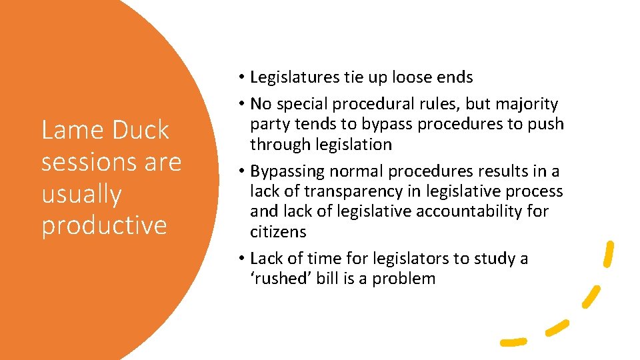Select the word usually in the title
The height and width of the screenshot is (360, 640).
click(81, 194)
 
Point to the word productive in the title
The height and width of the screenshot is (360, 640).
click(103, 225)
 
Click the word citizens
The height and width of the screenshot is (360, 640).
click(278, 231)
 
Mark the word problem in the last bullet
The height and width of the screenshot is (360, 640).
click(403, 278)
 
